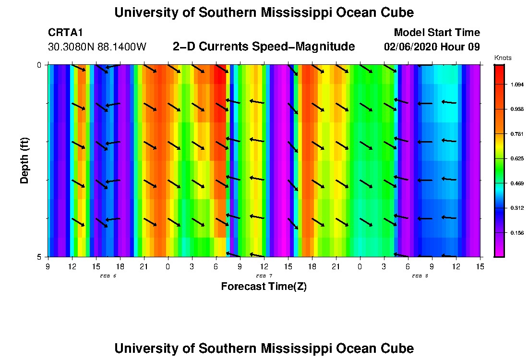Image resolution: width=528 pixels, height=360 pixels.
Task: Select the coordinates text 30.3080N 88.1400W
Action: point(97,47)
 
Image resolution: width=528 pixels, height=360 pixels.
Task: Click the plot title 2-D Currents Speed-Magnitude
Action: point(264,47)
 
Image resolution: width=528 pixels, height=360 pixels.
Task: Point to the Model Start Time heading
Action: point(436,33)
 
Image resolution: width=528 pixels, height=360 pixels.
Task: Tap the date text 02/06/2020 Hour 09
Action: point(432,47)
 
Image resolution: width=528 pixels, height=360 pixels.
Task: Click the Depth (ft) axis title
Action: point(24,160)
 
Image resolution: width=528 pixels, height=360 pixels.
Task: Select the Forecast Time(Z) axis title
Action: point(264,287)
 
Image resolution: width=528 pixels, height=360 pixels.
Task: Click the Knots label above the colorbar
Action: point(503,58)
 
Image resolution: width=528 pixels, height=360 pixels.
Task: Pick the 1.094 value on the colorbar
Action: point(517,84)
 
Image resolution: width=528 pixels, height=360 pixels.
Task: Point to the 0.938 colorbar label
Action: point(517,109)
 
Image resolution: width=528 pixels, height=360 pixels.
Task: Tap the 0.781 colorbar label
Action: point(517,134)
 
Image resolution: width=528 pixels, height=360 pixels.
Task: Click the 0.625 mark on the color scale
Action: point(517,158)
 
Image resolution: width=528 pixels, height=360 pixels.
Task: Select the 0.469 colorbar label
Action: point(517,183)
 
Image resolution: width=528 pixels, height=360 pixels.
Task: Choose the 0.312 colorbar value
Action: point(517,208)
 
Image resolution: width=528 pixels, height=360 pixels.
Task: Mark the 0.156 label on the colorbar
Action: point(517,233)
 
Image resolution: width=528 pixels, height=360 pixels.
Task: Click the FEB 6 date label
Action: point(108,276)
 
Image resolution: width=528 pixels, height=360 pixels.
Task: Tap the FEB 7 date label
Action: point(264,276)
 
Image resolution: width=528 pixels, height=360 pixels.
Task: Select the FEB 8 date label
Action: point(420,276)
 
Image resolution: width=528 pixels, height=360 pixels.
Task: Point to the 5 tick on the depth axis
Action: point(39,257)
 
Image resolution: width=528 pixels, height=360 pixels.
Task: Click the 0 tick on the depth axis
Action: point(39,65)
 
